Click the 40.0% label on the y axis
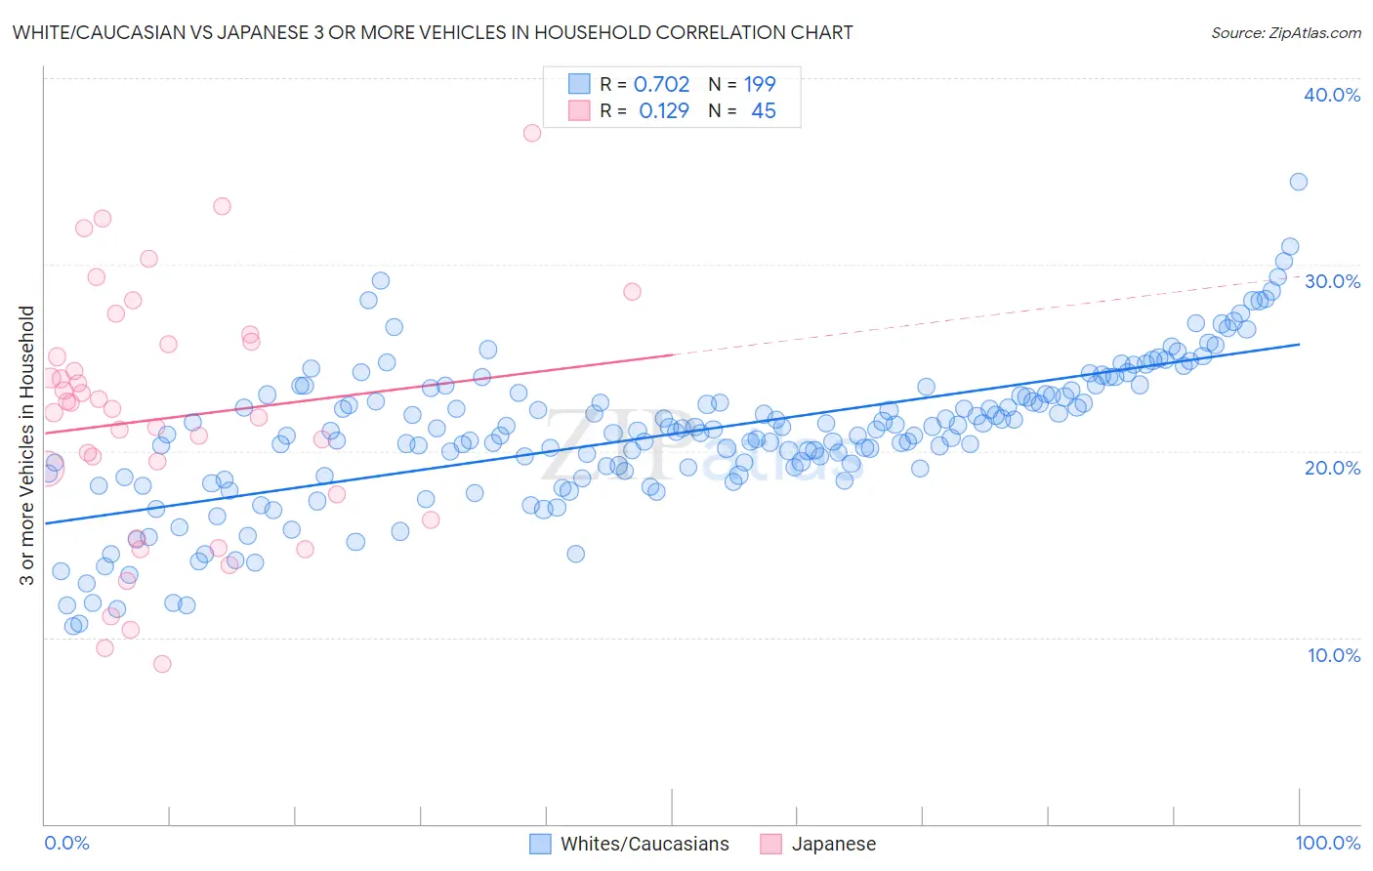point(1332,95)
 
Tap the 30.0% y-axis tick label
point(1332,281)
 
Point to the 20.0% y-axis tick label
point(1332,468)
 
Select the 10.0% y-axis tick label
point(1332,655)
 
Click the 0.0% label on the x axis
point(66,843)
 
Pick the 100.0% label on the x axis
point(1327,843)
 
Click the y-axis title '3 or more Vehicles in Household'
point(27,445)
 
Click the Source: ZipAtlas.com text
point(1285,32)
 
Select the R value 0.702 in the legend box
point(661,85)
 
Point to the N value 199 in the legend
point(760,85)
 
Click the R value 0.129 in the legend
point(664,111)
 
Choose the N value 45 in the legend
point(764,111)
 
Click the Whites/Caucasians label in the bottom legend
point(645,844)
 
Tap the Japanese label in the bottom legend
point(833,844)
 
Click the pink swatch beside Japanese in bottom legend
point(771,844)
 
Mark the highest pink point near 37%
point(532,133)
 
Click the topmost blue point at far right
point(1298,182)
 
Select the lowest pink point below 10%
point(162,664)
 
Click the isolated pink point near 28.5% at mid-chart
point(632,292)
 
